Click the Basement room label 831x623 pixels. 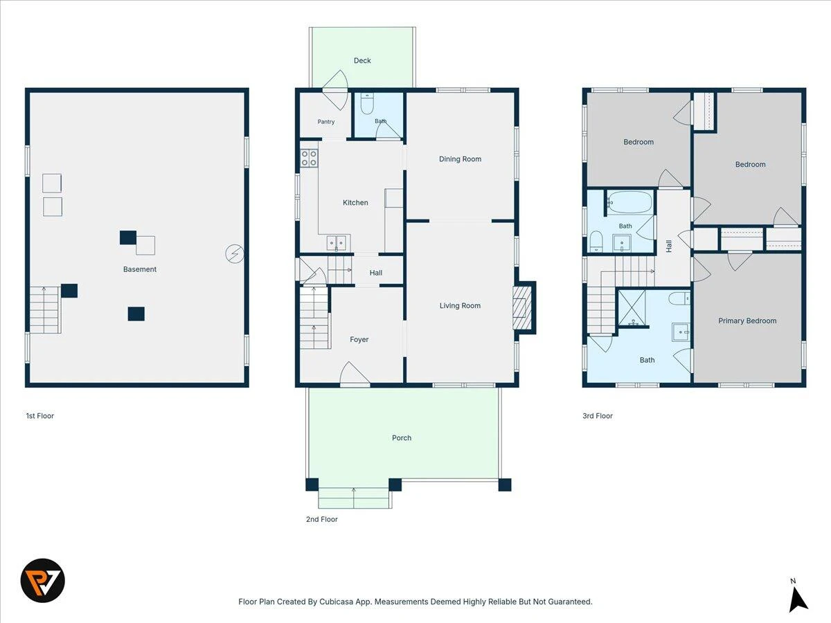point(140,269)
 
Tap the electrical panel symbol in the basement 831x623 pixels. point(235,254)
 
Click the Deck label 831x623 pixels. point(362,60)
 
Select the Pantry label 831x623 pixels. point(326,122)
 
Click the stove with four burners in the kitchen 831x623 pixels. point(309,158)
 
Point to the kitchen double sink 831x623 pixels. point(337,243)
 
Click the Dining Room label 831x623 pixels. point(460,159)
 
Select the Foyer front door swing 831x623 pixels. point(355,374)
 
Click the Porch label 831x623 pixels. point(402,438)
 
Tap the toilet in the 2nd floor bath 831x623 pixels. point(367,103)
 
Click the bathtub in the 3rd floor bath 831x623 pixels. point(630,203)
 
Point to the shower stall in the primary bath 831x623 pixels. point(632,307)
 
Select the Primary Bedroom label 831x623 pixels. point(747,320)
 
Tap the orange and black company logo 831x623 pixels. point(43,581)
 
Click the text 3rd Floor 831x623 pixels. point(598,416)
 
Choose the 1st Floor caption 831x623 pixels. point(40,416)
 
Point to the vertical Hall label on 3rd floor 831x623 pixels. point(669,246)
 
